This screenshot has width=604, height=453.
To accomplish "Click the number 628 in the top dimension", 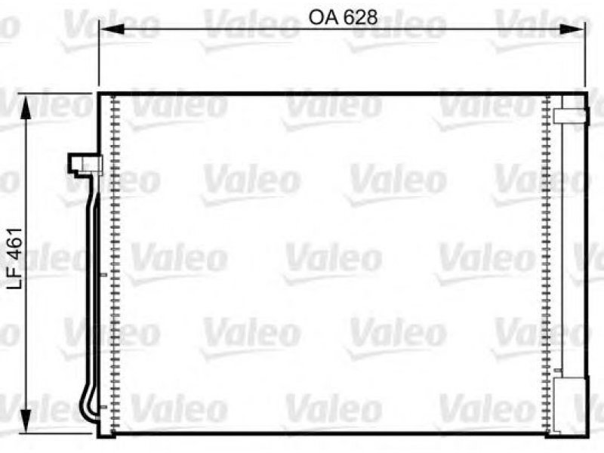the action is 360,17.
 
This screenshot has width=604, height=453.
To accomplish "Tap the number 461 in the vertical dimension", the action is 16,243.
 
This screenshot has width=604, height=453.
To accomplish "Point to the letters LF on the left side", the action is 16,276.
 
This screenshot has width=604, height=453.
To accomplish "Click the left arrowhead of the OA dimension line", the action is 112,29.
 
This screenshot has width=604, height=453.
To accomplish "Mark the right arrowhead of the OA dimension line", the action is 572,29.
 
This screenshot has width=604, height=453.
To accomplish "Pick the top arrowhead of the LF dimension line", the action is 26,107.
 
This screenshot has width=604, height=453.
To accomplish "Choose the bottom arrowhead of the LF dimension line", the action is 26,420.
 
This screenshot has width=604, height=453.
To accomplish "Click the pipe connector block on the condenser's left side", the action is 85,165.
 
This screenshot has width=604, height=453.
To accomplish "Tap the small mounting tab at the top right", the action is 572,116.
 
